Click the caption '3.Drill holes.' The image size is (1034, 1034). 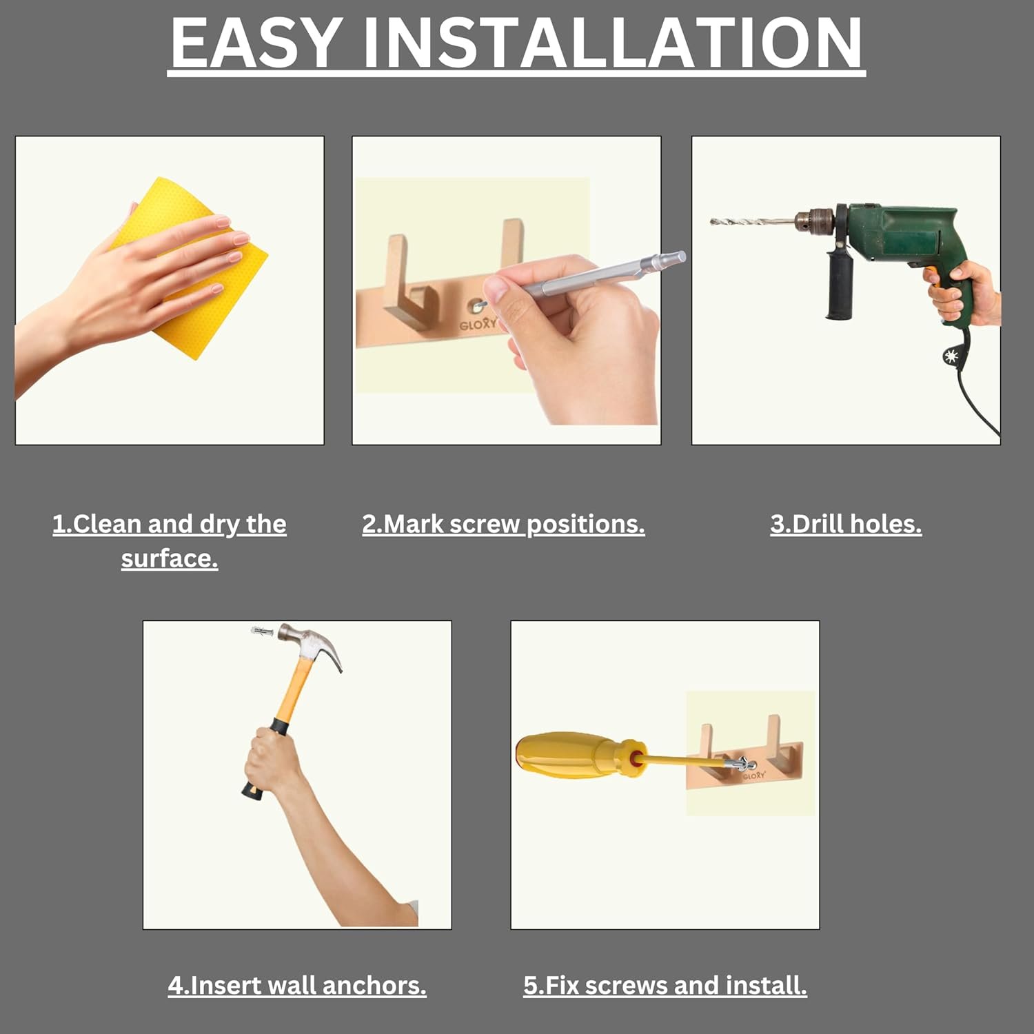(846, 524)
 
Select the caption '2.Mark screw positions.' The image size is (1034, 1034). (504, 524)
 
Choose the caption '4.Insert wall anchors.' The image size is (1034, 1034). (297, 985)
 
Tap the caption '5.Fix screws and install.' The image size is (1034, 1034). (665, 985)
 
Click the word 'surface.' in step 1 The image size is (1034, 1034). (170, 558)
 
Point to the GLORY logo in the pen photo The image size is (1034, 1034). (478, 323)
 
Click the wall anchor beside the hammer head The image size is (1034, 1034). (263, 631)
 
